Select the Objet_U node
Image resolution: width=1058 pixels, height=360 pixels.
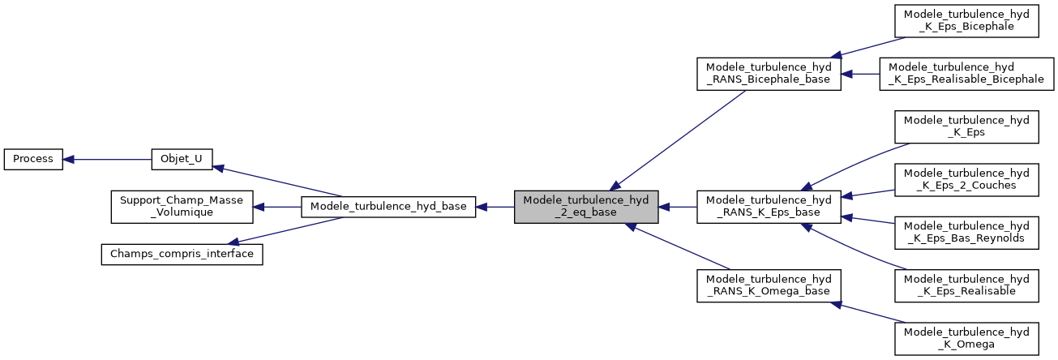click(182, 159)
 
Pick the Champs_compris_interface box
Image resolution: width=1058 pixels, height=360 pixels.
click(181, 254)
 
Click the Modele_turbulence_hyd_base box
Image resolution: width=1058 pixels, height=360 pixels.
click(388, 207)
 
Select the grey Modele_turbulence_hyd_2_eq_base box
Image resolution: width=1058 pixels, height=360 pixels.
click(586, 207)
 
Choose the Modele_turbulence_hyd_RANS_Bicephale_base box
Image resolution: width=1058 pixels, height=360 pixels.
click(769, 74)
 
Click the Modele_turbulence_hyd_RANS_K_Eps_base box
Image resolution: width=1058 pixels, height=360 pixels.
click(769, 207)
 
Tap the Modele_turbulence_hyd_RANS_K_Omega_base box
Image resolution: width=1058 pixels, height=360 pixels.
click(769, 285)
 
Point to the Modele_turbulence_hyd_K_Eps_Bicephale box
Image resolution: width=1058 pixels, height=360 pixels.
click(966, 21)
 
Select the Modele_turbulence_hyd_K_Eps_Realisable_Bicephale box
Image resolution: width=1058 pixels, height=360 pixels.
click(966, 74)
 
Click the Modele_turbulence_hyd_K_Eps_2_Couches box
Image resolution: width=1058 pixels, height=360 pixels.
click(966, 180)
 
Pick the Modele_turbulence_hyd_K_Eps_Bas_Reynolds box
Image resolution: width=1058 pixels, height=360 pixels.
click(966, 233)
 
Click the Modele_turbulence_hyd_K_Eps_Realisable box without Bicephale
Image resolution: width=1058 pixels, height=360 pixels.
click(966, 285)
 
